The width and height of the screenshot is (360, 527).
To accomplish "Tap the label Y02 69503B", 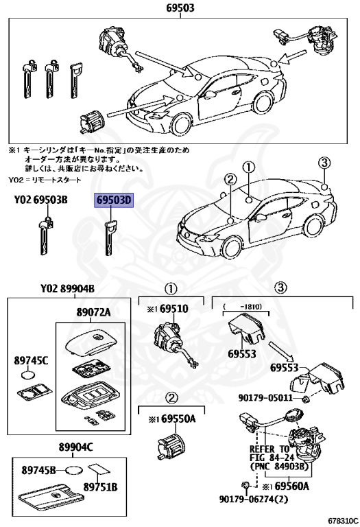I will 40,200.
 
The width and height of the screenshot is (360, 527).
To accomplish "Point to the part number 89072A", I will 91,312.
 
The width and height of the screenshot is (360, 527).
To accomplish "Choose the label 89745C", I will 31,359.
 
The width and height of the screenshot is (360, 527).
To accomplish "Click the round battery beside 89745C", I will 29,375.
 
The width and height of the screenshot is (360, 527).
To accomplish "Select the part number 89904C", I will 77,447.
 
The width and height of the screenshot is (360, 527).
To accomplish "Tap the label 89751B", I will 101,487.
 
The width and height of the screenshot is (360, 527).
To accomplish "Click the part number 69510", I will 174,308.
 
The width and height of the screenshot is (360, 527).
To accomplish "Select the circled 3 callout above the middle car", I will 324,163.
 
